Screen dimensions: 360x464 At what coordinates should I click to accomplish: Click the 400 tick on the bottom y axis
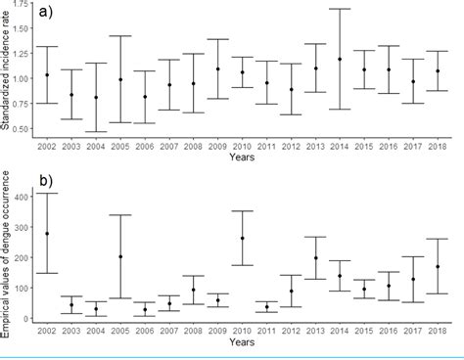point(21,198)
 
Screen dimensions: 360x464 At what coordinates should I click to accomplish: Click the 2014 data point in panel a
point(340,59)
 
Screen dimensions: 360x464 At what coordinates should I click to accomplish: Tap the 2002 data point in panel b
point(47,233)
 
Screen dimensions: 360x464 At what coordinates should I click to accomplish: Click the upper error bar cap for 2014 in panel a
point(340,9)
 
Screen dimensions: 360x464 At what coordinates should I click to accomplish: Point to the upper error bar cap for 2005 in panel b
point(120,214)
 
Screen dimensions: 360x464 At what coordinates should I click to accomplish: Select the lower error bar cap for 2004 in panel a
point(96,131)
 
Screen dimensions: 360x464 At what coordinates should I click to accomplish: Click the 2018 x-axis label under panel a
point(437,145)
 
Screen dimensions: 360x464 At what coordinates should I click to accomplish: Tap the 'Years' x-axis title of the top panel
point(242,157)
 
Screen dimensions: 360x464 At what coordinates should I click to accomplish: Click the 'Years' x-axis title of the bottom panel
point(242,342)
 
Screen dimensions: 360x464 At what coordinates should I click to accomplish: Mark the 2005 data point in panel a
point(120,79)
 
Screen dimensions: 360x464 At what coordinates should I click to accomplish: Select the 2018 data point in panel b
point(437,266)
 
